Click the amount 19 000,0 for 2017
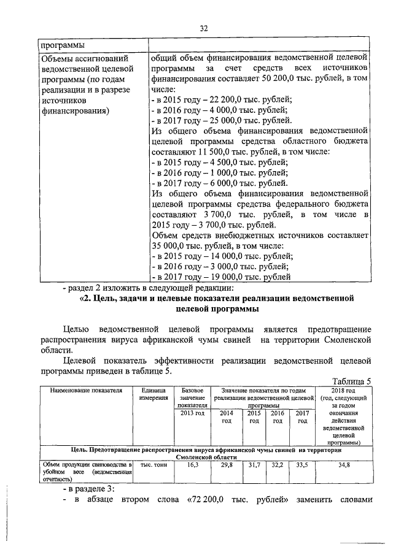[x=214, y=278]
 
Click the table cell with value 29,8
[x=227, y=465]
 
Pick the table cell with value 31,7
[x=252, y=465]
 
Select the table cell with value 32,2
[x=277, y=465]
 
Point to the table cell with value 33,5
[x=302, y=465]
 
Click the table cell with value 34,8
[x=343, y=465]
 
